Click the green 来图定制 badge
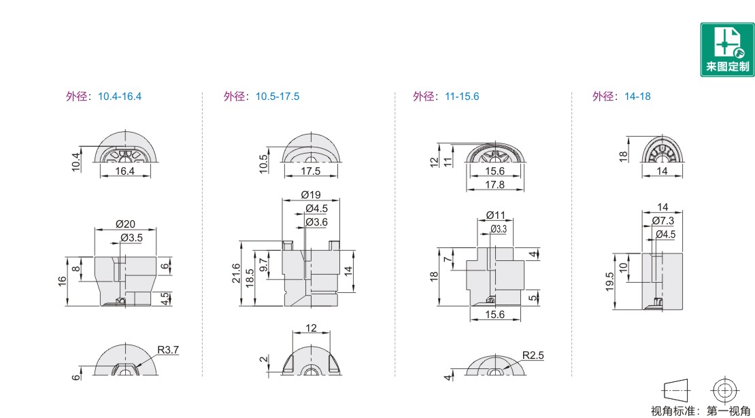727,50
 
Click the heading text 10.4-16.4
120,97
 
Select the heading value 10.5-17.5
278,97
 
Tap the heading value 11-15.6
462,97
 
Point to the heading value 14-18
637,97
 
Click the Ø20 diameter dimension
125,224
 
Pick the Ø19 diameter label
311,195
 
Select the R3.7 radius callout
168,350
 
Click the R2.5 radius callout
533,355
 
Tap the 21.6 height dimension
235,273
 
